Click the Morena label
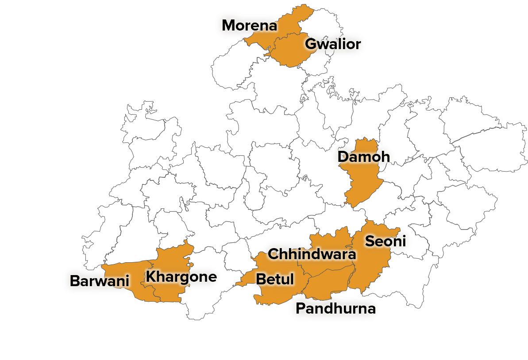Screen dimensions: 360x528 [x=249, y=26]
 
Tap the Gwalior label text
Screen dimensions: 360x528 [x=333, y=44]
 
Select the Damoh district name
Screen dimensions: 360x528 [x=363, y=157]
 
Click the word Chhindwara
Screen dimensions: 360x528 [x=312, y=254]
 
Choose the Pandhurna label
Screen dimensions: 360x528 [x=335, y=308]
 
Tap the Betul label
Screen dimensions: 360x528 [x=275, y=279]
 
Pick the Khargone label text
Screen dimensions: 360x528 [x=181, y=277]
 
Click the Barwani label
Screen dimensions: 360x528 [x=99, y=281]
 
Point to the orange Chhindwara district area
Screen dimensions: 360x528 [x=328, y=241]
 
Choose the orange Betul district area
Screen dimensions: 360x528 [x=274, y=294]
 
